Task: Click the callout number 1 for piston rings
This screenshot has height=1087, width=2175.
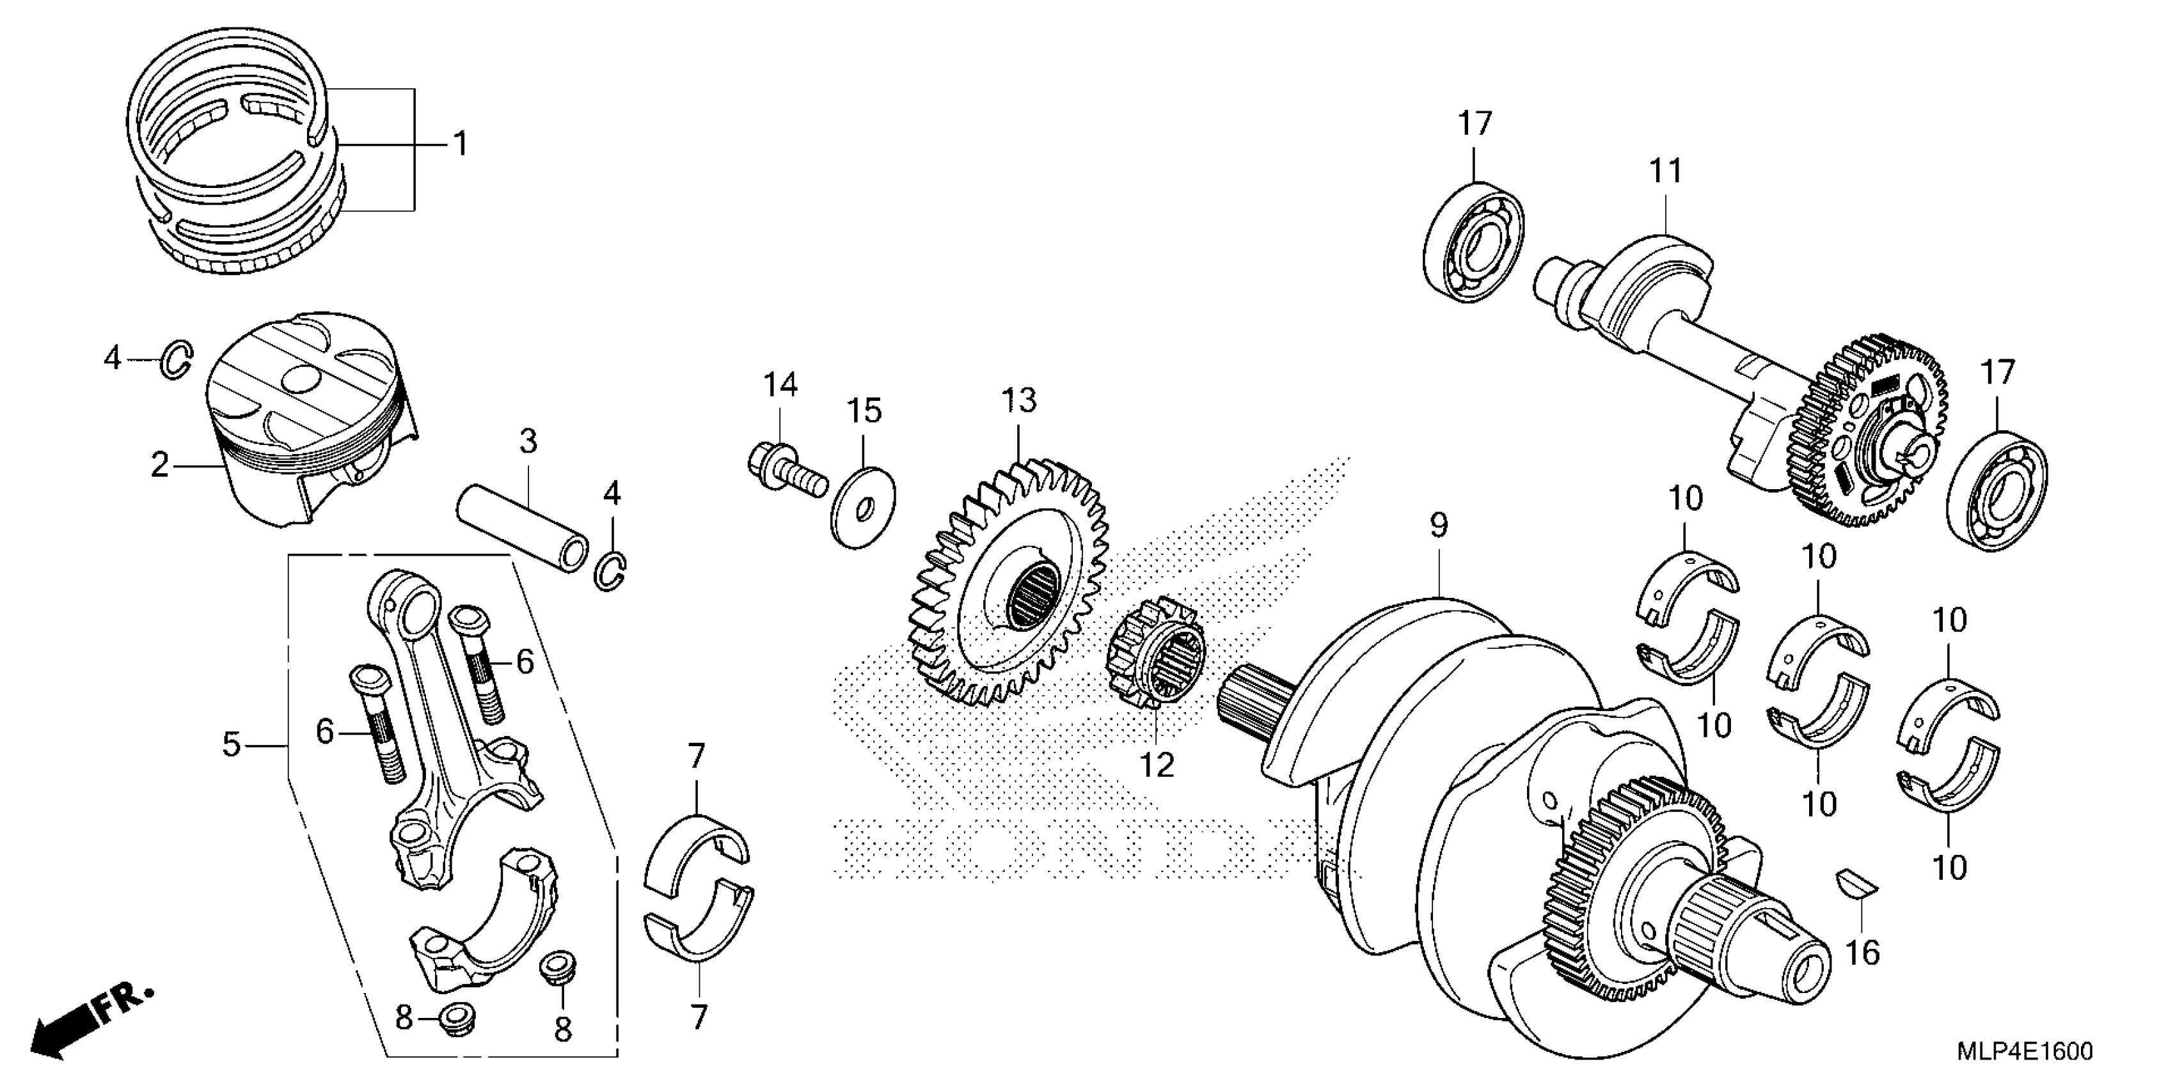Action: [x=460, y=145]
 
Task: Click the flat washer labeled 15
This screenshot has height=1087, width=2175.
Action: [x=863, y=507]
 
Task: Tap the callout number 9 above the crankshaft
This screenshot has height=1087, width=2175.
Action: [x=1439, y=525]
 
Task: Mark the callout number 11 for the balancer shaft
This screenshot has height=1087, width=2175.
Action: [x=1665, y=171]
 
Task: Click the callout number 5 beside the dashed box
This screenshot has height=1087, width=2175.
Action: [x=232, y=744]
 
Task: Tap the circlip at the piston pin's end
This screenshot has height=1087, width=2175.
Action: [x=612, y=570]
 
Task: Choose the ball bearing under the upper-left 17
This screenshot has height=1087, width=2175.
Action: [x=1473, y=240]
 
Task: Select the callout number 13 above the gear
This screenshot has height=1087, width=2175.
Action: [x=1019, y=401]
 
